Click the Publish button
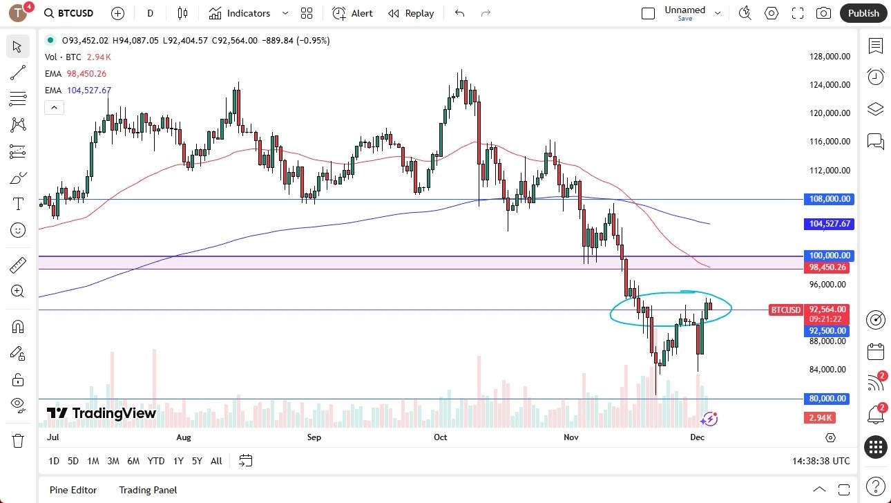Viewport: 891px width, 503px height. (863, 13)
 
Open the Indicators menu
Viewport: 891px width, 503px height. (248, 13)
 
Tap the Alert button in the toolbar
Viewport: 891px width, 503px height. (352, 13)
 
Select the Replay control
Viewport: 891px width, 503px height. (411, 13)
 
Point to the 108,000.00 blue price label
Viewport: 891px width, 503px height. (830, 199)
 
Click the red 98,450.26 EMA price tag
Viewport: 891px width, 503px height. (827, 267)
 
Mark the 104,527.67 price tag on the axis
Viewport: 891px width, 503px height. (830, 224)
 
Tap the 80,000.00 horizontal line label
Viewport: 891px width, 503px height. (829, 399)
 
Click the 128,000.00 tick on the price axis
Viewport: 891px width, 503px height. (830, 57)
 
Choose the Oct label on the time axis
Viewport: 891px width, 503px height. (441, 437)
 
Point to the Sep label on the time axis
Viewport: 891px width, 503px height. (314, 437)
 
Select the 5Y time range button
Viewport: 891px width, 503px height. (197, 461)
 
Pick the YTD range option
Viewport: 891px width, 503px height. (156, 461)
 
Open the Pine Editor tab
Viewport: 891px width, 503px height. (73, 490)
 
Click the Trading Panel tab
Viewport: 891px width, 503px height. (148, 490)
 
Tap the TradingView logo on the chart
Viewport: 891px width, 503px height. (102, 413)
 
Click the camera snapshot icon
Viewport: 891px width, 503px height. (823, 13)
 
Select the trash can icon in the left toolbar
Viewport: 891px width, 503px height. (18, 440)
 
